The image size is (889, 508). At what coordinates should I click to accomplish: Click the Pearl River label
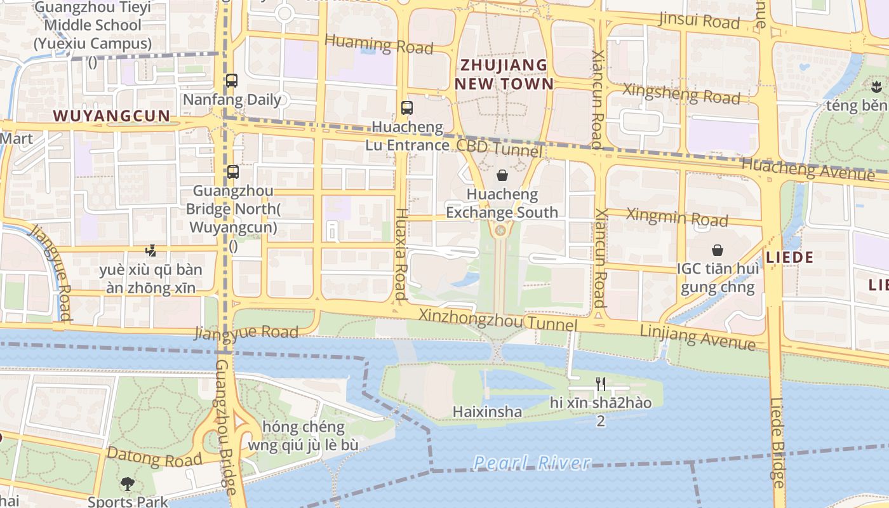pyautogui.click(x=532, y=463)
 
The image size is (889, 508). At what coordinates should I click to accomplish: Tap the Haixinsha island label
pyautogui.click(x=487, y=411)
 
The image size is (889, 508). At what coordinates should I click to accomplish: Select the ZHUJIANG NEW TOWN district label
pyautogui.click(x=504, y=74)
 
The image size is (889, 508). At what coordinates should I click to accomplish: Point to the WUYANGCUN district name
pyautogui.click(x=112, y=116)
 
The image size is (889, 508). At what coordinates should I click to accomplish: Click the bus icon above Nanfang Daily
pyautogui.click(x=232, y=81)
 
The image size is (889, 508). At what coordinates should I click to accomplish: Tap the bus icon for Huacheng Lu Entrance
pyautogui.click(x=407, y=108)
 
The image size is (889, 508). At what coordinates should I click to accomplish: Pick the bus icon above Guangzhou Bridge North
pyautogui.click(x=233, y=171)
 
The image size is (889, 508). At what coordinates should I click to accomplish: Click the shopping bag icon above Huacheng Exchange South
pyautogui.click(x=502, y=175)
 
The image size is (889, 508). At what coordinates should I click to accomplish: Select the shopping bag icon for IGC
pyautogui.click(x=718, y=250)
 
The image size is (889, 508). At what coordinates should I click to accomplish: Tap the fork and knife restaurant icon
pyautogui.click(x=601, y=384)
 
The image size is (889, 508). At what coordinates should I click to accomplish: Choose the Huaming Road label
pyautogui.click(x=378, y=44)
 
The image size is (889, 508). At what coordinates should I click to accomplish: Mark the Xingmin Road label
pyautogui.click(x=677, y=217)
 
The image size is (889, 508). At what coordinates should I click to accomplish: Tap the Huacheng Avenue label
pyautogui.click(x=808, y=168)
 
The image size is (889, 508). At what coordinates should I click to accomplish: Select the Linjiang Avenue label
pyautogui.click(x=698, y=337)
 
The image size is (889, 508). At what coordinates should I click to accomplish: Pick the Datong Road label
pyautogui.click(x=155, y=456)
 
